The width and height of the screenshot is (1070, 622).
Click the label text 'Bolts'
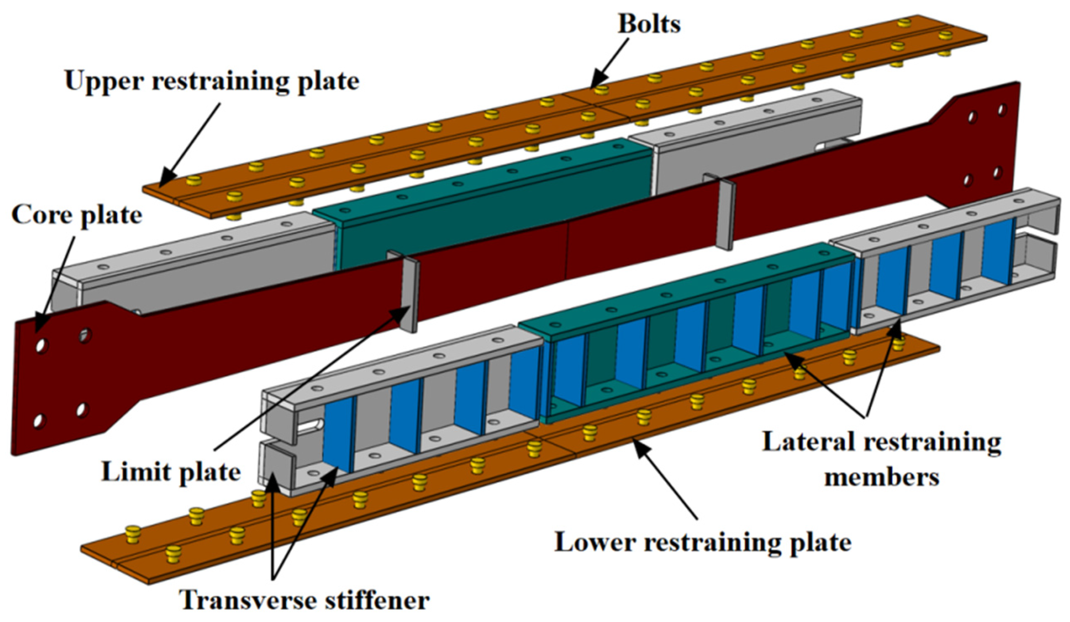pos(649,24)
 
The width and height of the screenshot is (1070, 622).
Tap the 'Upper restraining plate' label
pos(212,81)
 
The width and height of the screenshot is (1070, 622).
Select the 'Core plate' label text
pos(77,216)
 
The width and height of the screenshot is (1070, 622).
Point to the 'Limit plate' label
pos(171,472)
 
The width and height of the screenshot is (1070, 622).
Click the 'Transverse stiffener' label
pos(304,601)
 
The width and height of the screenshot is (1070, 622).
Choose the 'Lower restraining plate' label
pos(703,542)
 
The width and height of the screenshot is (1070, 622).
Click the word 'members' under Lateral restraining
pos(881,478)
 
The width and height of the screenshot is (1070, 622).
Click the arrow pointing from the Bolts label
pos(610,62)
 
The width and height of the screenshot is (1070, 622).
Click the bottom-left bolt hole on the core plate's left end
pos(39,421)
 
